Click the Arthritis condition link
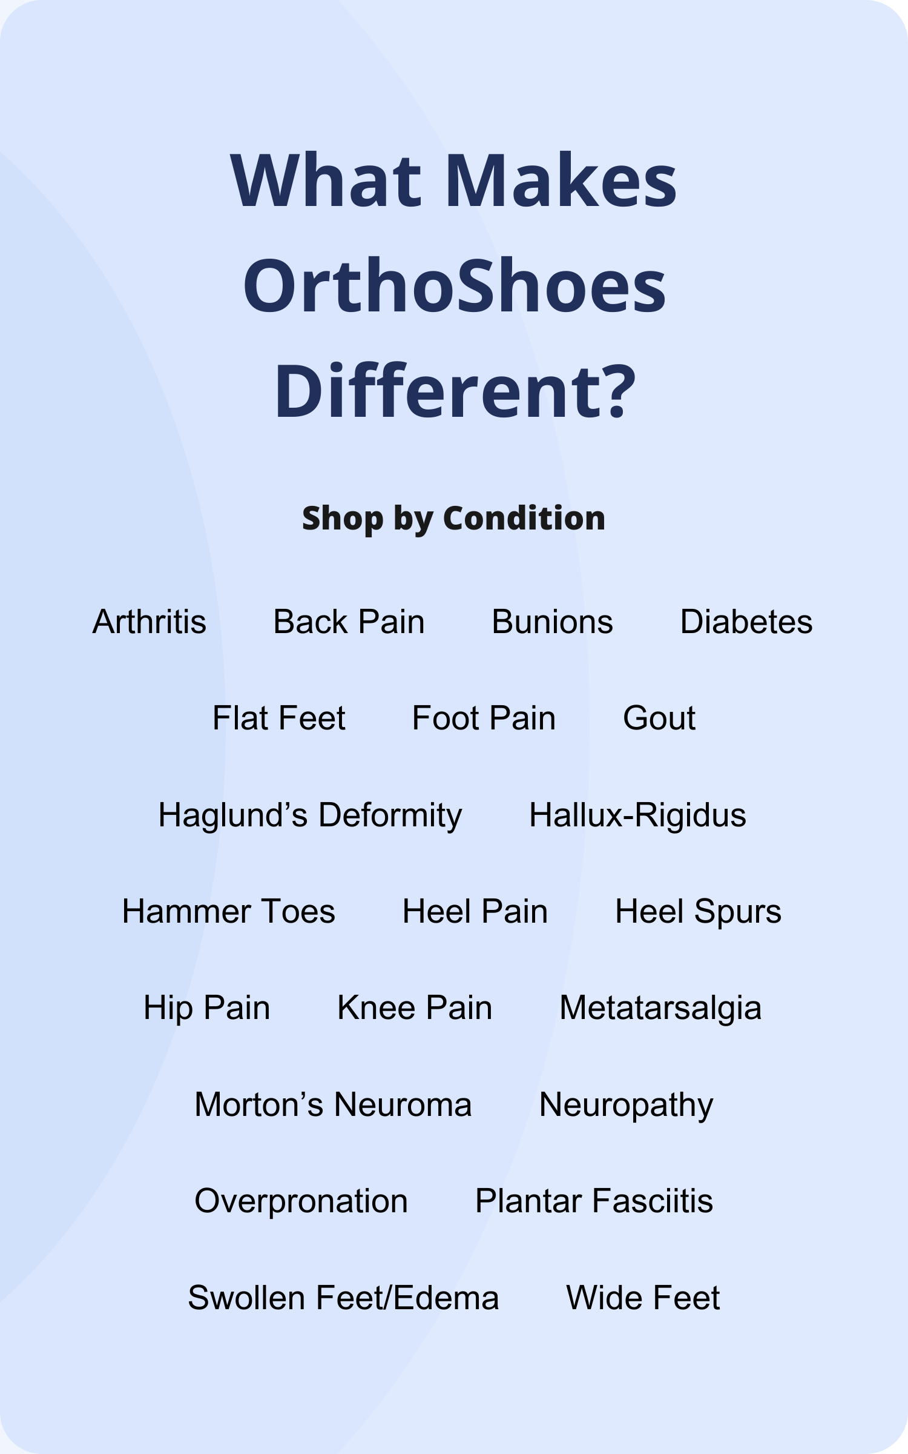coord(150,622)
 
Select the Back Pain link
coord(349,622)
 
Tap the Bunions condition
coord(552,622)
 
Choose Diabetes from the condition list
coord(746,622)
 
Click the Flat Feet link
coord(278,718)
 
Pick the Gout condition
coord(659,718)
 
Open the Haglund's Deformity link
coord(310,815)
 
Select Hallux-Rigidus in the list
coord(637,815)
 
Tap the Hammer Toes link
coord(228,911)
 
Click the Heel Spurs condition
coord(698,912)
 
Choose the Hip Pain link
coord(206,1009)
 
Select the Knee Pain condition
coord(415,1008)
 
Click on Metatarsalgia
coord(660,1009)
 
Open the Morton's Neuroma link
coord(333,1104)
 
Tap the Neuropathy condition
coord(626,1106)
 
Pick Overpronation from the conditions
coord(301,1202)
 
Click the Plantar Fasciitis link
coord(594,1201)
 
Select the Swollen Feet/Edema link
coord(343,1298)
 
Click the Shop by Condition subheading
coord(454,519)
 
